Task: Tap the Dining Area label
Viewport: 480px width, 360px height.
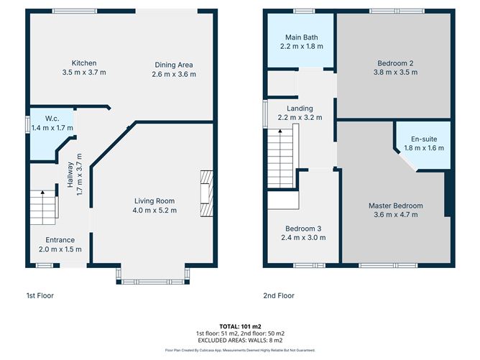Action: point(172,65)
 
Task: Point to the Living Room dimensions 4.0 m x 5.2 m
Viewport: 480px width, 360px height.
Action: point(154,211)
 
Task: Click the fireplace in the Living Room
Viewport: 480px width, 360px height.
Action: point(207,193)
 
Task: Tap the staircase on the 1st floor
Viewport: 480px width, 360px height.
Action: point(44,206)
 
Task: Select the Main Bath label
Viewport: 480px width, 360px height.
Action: point(301,37)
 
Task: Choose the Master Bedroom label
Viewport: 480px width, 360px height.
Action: point(396,206)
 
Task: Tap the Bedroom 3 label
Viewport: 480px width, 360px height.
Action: point(301,229)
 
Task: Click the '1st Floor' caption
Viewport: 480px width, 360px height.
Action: point(40,295)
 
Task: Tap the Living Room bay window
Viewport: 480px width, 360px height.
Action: point(154,279)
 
